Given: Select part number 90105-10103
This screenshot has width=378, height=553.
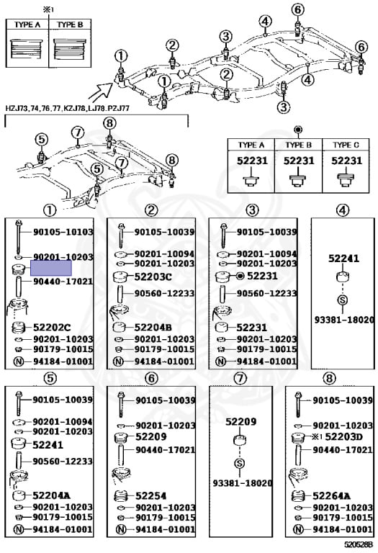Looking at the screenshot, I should point(63,232).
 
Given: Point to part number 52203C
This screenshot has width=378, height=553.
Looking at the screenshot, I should point(153,276).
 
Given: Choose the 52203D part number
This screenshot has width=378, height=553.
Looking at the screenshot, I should point(345,437).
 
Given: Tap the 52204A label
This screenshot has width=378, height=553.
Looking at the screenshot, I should point(51,495).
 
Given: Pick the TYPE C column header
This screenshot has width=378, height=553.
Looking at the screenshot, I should point(346,144).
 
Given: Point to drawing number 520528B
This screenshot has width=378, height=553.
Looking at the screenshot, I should point(358,547).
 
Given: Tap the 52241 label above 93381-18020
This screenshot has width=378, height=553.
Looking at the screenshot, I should point(343,258).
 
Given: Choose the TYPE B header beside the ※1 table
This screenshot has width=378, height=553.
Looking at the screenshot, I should point(70,24).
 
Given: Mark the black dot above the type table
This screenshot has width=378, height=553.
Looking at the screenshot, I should point(297,130).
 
